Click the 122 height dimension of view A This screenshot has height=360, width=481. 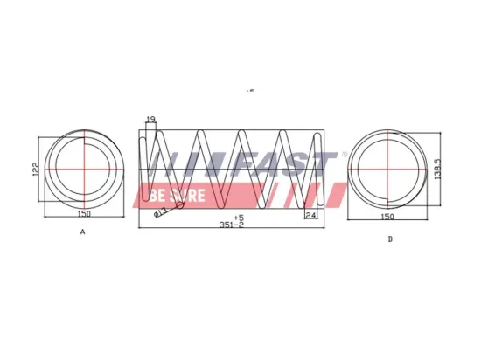click(34, 170)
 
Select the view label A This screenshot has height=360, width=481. click(82, 232)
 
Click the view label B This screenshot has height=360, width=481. click(389, 238)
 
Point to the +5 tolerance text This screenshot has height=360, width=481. click(239, 216)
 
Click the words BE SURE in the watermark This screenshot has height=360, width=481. click(178, 194)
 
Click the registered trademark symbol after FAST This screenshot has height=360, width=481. click(344, 156)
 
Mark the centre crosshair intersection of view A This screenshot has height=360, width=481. click(84, 168)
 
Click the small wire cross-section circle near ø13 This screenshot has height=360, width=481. click(179, 206)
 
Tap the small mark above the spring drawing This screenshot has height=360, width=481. click(251, 90)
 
